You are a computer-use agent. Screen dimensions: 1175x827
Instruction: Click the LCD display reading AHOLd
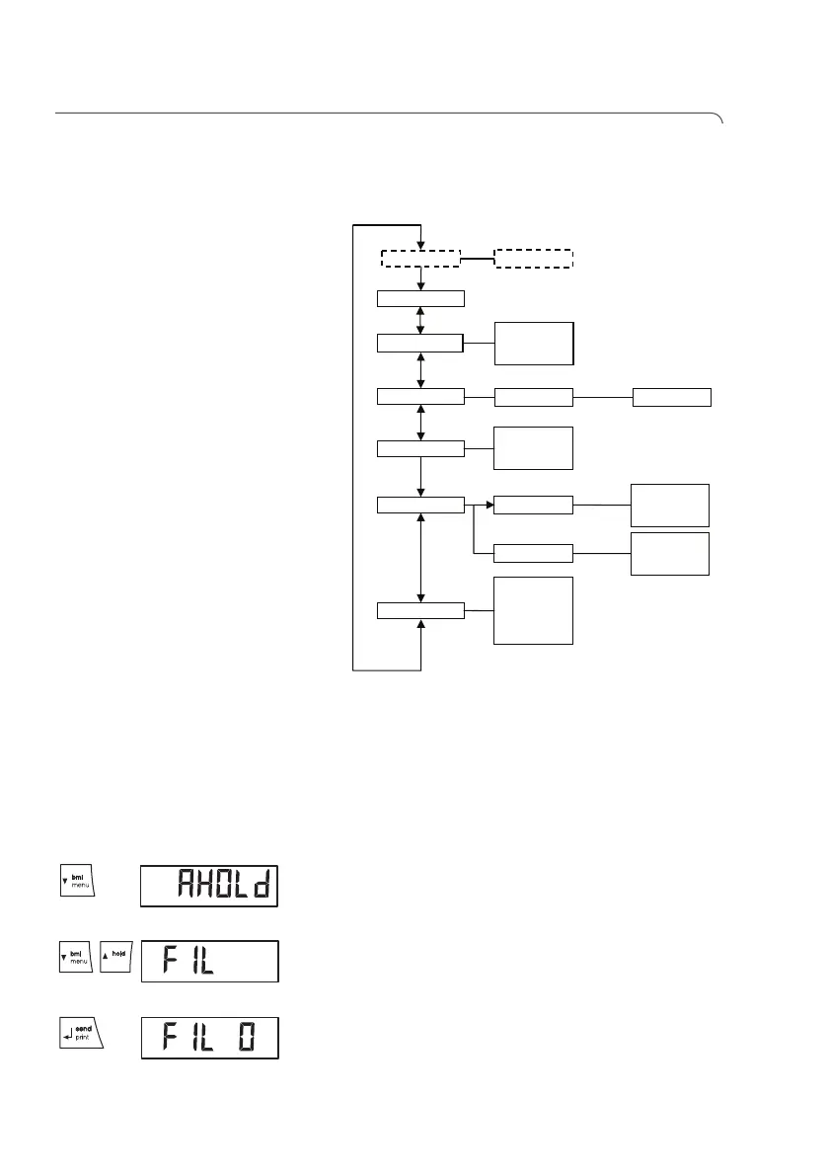209,886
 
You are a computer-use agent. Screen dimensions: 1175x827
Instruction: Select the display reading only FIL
209,962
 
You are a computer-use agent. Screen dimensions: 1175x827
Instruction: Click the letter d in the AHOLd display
259,886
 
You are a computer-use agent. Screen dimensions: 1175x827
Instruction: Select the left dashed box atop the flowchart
421,259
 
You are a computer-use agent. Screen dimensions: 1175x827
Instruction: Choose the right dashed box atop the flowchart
533,259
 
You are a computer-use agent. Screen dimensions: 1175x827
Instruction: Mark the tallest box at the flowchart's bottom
533,610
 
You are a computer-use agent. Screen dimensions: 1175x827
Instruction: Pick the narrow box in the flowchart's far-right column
671,397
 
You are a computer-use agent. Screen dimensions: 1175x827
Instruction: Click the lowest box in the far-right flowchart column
670,553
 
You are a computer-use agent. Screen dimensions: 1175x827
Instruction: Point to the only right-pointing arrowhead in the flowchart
489,506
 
